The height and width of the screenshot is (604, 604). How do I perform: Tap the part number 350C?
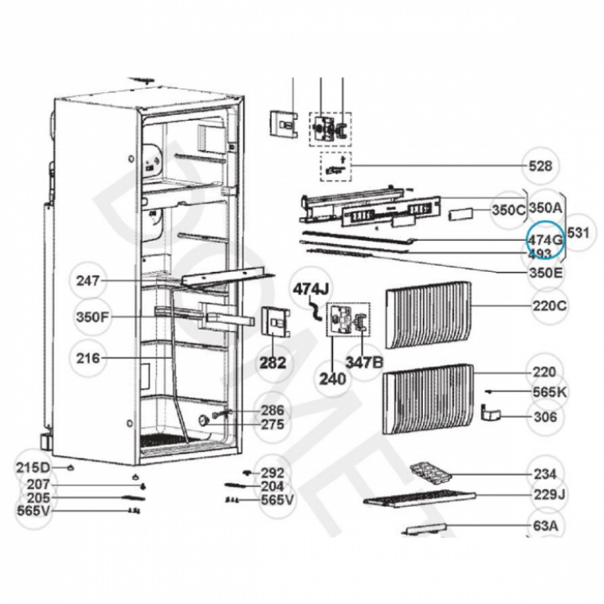508,210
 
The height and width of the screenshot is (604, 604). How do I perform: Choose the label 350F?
91,319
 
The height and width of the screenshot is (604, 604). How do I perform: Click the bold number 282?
273,363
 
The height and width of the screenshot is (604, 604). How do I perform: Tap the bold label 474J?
310,289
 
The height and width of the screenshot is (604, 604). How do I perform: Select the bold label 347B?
366,363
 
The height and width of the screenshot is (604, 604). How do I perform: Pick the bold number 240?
332,378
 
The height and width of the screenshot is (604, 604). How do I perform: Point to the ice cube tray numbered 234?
433,475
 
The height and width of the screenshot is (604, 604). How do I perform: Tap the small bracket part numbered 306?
491,413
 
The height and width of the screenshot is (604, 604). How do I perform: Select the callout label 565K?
550,392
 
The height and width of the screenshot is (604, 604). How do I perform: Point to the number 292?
272,473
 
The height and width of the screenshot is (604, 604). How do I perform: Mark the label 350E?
547,273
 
